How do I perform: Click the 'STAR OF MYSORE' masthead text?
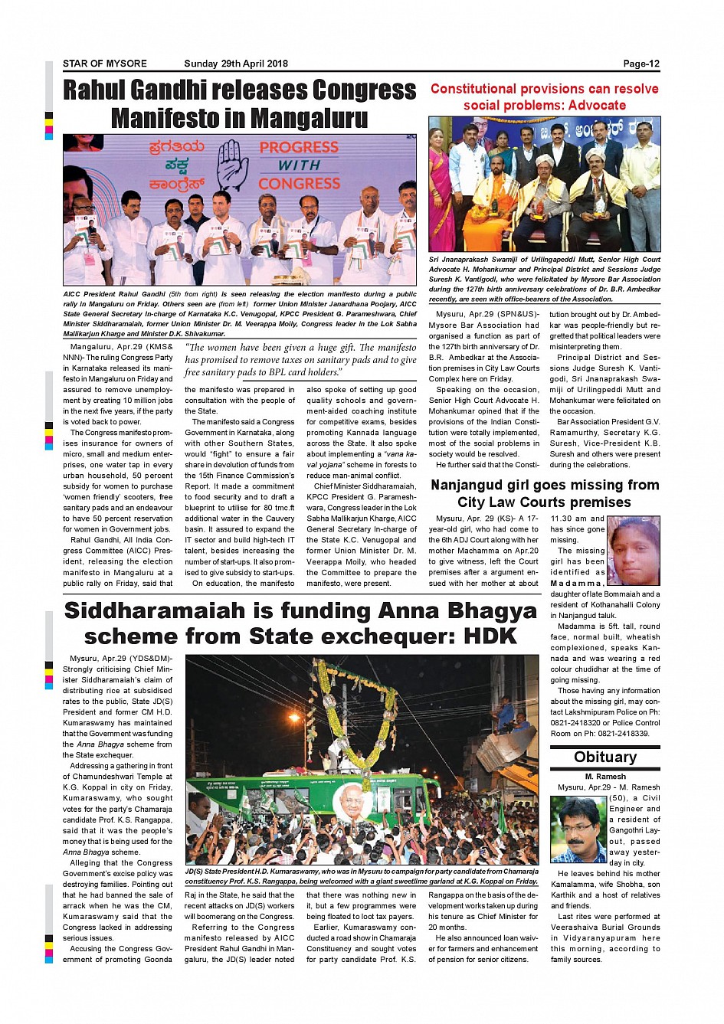[x=105, y=64]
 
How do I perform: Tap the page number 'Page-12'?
[x=640, y=64]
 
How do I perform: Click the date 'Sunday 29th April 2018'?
[x=236, y=64]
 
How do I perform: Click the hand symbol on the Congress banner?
[x=233, y=164]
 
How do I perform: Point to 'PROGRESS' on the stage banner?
[x=299, y=147]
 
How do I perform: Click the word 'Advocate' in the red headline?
[x=589, y=106]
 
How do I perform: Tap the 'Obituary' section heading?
[x=605, y=757]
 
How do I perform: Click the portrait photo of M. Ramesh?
[x=578, y=829]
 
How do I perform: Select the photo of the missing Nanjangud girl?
[x=634, y=551]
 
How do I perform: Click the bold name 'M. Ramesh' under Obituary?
[x=605, y=777]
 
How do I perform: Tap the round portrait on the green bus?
[x=353, y=802]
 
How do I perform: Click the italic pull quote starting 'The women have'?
[x=300, y=360]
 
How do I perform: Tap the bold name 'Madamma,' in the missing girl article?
[x=576, y=583]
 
